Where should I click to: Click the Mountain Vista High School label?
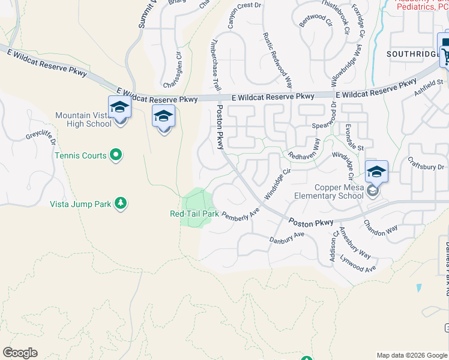83,119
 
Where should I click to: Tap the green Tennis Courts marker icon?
116,155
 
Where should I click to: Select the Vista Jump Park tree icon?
121,203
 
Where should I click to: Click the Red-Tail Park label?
194,214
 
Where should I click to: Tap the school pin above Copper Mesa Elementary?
376,172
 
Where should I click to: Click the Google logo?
20,353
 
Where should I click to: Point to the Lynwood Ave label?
357,265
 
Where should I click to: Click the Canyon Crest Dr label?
246,14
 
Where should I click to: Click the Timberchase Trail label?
214,61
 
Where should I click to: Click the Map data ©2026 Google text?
411,355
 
